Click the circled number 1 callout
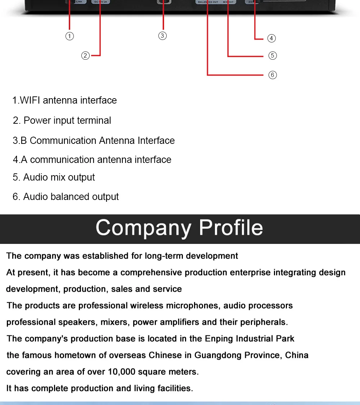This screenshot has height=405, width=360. click(x=70, y=36)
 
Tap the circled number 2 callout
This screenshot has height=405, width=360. click(x=85, y=55)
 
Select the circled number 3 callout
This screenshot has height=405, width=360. click(x=162, y=36)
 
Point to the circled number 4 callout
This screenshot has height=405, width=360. click(x=271, y=38)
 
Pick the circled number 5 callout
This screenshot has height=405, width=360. click(x=273, y=55)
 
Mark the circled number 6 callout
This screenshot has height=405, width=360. click(x=273, y=75)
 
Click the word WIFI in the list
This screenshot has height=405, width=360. click(x=30, y=100)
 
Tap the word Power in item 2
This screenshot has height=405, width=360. click(x=37, y=120)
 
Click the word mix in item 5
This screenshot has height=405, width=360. click(x=58, y=177)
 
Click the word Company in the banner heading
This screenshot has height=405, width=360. click(x=144, y=228)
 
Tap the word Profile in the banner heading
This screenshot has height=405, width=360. click(x=231, y=228)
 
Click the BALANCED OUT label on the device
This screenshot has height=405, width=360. click(x=208, y=2)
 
